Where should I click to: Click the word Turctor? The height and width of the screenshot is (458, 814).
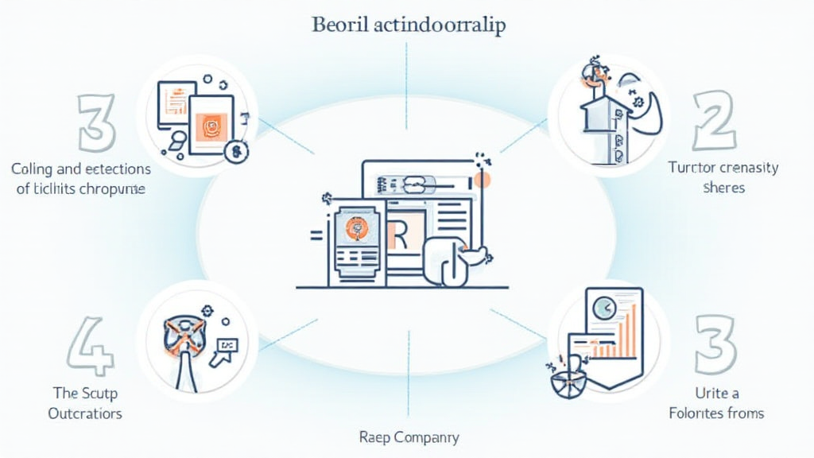[692, 168]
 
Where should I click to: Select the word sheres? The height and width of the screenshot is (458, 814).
[724, 188]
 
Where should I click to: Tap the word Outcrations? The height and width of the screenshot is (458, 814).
[85, 413]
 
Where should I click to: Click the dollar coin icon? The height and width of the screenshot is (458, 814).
[235, 152]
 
